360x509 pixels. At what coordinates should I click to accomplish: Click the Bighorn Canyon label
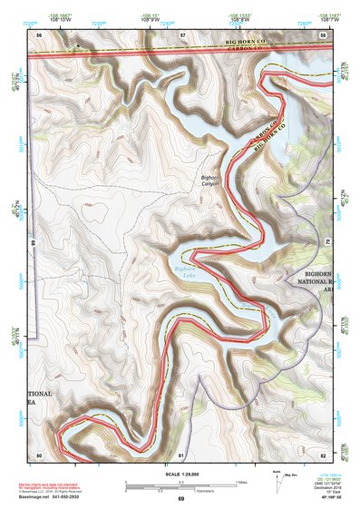(x=210, y=181)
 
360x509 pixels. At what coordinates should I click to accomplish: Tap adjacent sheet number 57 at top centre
(x=182, y=34)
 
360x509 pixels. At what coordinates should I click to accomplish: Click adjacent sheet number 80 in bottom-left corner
(x=39, y=453)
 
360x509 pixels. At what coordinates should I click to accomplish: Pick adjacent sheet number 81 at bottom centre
(x=181, y=453)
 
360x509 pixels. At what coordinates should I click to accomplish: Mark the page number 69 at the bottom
(x=180, y=499)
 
